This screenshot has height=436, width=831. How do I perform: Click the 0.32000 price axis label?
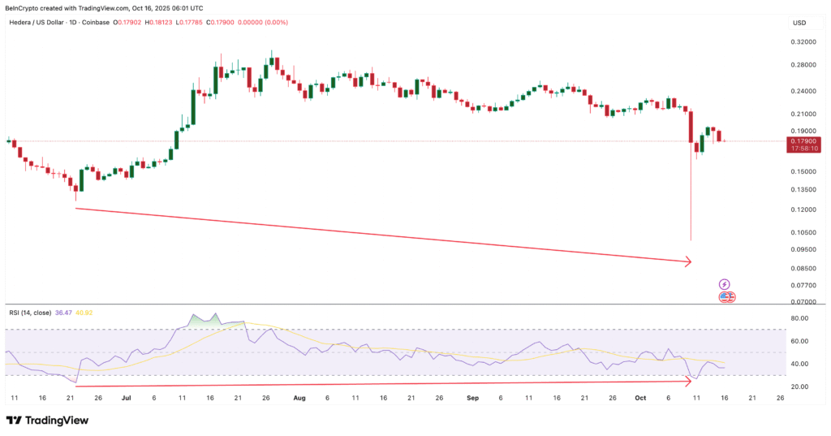[x=803, y=41]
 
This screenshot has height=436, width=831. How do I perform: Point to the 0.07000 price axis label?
[x=803, y=302]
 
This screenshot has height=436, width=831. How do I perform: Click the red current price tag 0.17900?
[x=803, y=141]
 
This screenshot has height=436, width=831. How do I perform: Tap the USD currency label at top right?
[x=799, y=22]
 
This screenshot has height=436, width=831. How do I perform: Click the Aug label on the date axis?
[x=299, y=399]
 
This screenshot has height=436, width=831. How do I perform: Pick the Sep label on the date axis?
[x=473, y=399]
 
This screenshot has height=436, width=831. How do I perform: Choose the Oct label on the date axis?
[x=640, y=399]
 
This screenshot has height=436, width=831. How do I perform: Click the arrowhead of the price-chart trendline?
[x=688, y=261]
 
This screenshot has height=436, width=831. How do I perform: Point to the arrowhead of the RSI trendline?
[x=688, y=382]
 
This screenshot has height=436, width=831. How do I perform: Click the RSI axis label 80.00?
[x=800, y=319]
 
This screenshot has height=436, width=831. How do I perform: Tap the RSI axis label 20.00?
[x=800, y=387]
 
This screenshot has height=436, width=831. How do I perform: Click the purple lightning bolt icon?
[x=726, y=284]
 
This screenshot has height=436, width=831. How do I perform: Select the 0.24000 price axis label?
[x=803, y=92]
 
